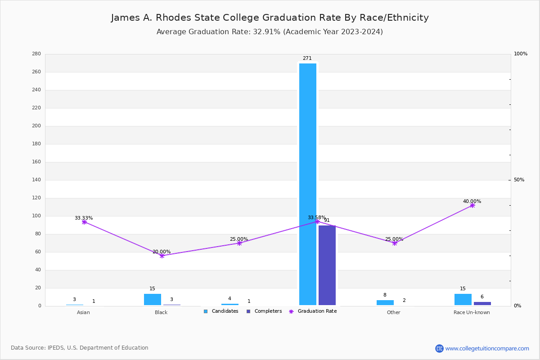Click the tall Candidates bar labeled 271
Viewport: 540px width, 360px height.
point(308,184)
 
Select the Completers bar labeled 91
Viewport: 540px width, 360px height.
point(327,265)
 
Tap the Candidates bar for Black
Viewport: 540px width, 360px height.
point(153,299)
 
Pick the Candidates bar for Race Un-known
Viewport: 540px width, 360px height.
point(463,299)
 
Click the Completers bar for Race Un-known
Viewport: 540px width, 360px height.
point(482,303)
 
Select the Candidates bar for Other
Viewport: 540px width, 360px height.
point(385,302)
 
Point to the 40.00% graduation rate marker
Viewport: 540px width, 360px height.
point(472,205)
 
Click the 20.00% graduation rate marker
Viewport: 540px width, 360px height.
point(162,256)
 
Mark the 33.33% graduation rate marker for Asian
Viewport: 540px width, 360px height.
point(84,222)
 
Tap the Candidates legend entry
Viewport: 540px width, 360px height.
point(221,311)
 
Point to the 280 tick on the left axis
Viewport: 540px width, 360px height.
point(36,54)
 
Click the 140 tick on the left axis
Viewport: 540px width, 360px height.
point(36,180)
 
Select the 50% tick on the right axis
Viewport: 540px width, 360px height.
point(519,180)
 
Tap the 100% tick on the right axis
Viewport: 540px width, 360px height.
point(520,54)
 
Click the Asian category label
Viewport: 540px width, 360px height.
point(83,313)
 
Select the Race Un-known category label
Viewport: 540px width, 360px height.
point(472,313)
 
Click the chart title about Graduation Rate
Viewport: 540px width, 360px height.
point(270,18)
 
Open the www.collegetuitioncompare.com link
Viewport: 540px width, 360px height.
point(487,348)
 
